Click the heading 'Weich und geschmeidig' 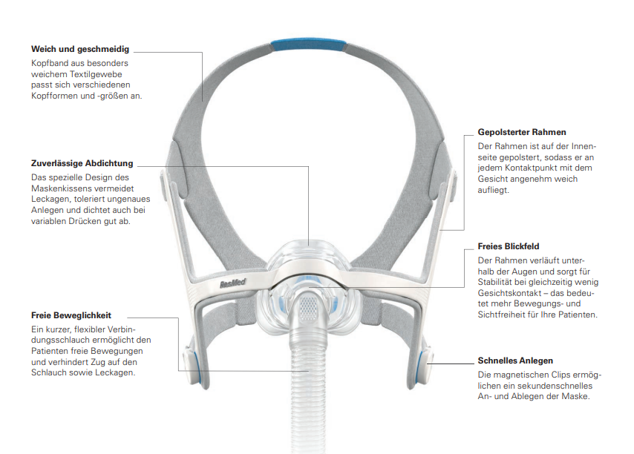80,50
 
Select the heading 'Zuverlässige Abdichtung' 82,163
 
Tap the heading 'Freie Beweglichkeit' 71,315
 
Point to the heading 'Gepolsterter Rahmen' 522,133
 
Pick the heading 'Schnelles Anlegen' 515,361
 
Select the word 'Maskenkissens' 65,188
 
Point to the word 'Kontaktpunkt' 538,168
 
